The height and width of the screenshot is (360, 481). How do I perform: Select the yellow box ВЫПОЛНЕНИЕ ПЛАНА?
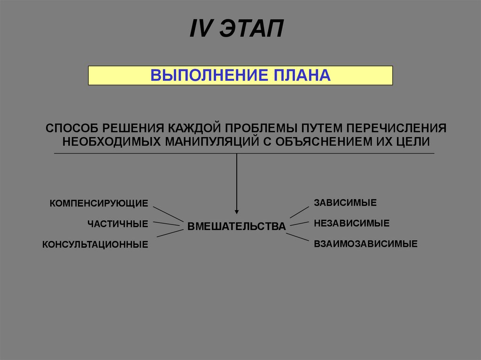click(240, 75)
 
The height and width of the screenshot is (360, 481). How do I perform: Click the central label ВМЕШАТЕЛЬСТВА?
click(236, 226)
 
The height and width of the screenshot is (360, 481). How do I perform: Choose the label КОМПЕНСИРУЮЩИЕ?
click(99, 203)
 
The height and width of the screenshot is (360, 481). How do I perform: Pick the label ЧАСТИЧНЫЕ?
click(117, 224)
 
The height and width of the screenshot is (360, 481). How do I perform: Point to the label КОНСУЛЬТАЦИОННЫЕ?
click(95, 245)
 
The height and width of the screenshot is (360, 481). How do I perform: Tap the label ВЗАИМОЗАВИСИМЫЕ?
click(365, 244)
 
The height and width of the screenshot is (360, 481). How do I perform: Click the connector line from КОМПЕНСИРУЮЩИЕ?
click(168, 214)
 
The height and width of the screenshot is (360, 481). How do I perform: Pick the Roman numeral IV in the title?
click(201, 30)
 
